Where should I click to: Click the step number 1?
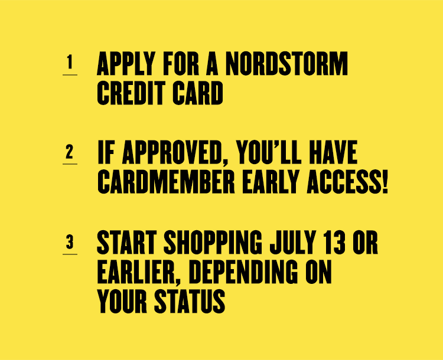pos(70,62)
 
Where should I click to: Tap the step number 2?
pos(70,152)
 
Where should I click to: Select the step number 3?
pos(70,242)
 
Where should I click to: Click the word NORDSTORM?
pos(286,64)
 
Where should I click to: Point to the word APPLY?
pos(126,64)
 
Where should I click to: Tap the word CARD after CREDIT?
pos(198,93)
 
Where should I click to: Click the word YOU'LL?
pos(269,152)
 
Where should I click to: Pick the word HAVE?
pos(333,152)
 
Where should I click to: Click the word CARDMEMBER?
pos(166,182)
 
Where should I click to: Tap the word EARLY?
pos(271,182)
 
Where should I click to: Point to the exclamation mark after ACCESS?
pos(385,182)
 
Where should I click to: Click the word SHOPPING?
pos(213,242)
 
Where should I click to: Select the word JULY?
pos(293,242)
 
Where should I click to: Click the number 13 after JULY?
pos(334,242)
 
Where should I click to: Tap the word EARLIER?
pos(139,272)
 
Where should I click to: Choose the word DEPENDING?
pos(243,272)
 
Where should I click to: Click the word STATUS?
pos(190,301)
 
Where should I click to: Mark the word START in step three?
pos(127,242)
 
